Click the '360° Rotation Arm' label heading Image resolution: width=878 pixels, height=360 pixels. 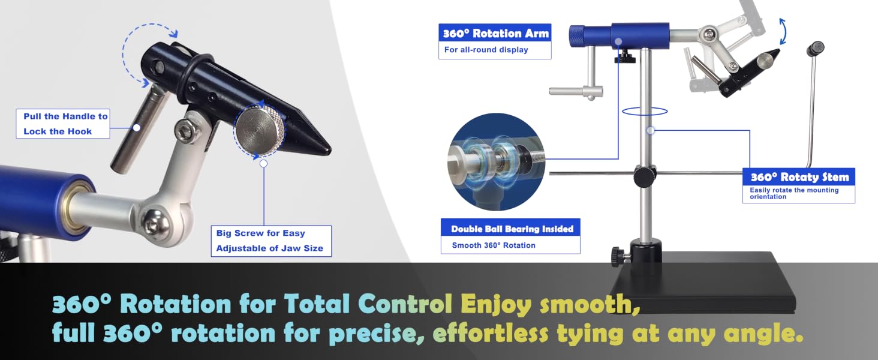point(495,34)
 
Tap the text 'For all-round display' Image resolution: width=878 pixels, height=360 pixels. point(486,50)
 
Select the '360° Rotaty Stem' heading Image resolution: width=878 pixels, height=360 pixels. point(799,177)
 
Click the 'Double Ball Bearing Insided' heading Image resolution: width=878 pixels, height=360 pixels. point(512,229)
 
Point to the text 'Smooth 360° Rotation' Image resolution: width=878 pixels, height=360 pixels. point(494,245)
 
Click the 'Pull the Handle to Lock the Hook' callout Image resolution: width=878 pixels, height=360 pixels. point(63,124)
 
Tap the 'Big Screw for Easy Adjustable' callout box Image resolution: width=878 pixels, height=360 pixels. point(271,241)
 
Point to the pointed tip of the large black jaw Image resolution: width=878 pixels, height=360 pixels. point(330,150)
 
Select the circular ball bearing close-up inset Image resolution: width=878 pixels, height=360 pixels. point(496,162)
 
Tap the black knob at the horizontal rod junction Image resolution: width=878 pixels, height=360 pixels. point(644,177)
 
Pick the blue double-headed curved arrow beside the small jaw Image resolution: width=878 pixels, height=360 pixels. point(783,31)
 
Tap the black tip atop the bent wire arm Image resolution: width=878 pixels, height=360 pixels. point(815,49)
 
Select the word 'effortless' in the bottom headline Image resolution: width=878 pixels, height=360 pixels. point(490,332)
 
